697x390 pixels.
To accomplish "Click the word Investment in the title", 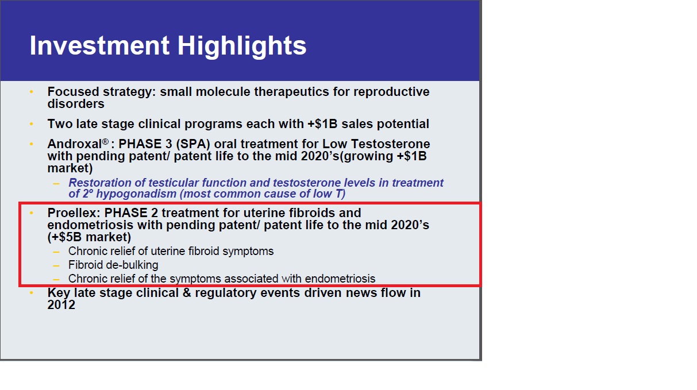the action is click(99, 45).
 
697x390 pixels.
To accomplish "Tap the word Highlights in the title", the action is click(242, 47).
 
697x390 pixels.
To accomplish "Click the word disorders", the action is click(76, 104).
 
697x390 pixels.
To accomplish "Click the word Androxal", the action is click(74, 144).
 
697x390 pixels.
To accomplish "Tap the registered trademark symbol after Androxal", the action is click(105, 142).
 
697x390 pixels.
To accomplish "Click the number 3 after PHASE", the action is click(169, 144).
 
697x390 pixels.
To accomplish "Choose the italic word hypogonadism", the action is click(136, 194).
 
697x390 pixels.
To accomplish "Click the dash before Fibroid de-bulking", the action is click(56, 265).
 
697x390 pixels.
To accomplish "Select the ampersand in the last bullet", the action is click(186, 293).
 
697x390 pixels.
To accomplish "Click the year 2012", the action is click(61, 305).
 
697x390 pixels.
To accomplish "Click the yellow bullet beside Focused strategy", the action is click(32, 92).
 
